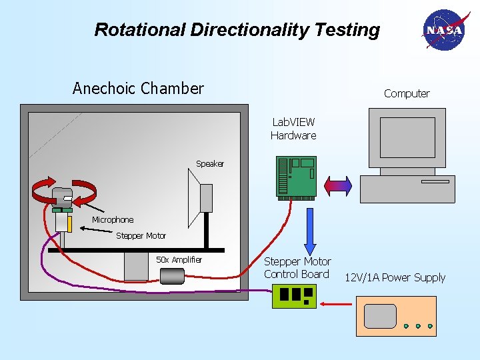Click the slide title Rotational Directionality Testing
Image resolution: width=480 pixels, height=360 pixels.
(x=237, y=30)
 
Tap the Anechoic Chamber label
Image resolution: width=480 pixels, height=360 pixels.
(x=138, y=89)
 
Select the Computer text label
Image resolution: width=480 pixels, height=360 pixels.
(x=407, y=94)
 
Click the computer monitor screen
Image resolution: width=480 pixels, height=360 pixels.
(x=407, y=137)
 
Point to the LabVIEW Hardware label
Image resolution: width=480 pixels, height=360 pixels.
(x=293, y=129)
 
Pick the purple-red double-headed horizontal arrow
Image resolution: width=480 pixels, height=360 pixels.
(x=337, y=184)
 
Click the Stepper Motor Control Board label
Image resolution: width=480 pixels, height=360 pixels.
(x=297, y=268)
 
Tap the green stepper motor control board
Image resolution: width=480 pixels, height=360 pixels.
(x=293, y=295)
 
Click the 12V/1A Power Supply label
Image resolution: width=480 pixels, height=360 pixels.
(x=395, y=277)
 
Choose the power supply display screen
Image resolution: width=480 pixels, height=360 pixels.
(x=380, y=316)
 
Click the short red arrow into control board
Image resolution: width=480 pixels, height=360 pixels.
(x=337, y=305)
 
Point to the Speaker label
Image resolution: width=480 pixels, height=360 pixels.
(x=210, y=164)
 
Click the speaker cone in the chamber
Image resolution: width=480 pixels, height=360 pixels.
(x=201, y=197)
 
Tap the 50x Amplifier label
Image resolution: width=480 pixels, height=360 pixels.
(x=179, y=259)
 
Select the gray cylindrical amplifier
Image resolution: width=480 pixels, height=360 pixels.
(x=172, y=276)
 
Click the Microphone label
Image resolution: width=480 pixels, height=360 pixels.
(x=113, y=220)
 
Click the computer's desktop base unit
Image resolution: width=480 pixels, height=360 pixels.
(x=407, y=189)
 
